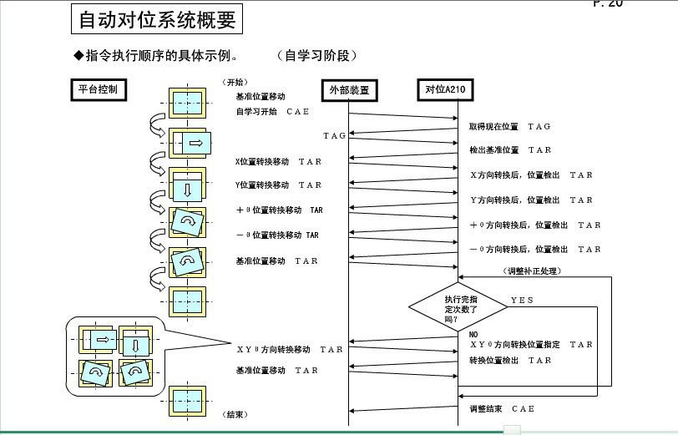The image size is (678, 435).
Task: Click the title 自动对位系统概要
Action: point(157,20)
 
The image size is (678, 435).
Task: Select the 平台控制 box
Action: point(97,89)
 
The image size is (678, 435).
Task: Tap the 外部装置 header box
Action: point(348,89)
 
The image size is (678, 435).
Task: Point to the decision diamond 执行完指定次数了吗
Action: point(457,308)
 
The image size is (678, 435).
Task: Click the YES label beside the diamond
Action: point(523,300)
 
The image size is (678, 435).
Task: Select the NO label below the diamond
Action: point(473,335)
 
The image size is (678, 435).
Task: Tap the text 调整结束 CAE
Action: point(501,408)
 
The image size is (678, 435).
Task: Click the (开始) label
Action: point(235,83)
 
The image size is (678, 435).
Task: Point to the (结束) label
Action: point(235,414)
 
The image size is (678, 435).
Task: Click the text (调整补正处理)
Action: point(532,271)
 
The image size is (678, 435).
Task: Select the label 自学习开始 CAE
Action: point(271,111)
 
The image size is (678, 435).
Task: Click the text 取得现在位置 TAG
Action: point(509,126)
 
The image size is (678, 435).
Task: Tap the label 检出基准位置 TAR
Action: point(509,150)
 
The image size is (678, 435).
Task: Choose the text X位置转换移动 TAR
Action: point(277,161)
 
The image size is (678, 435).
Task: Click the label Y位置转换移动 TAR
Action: point(277,185)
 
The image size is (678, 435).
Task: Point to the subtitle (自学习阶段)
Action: point(317,55)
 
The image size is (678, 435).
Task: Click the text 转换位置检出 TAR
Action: point(509,361)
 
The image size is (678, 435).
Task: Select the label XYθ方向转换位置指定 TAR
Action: point(531,344)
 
